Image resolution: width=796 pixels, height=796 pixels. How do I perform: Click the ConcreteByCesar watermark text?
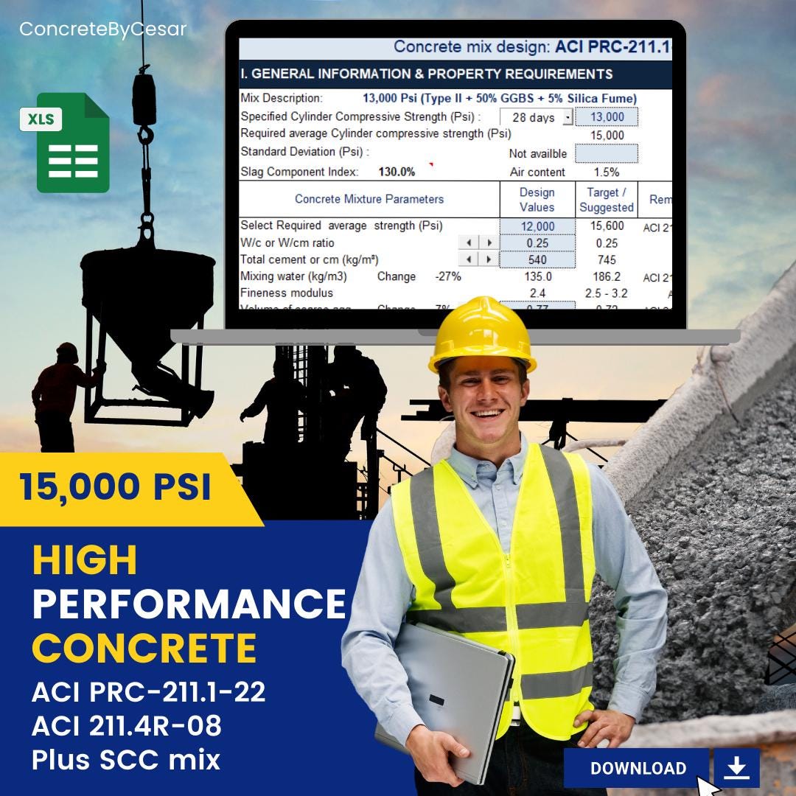coord(102,29)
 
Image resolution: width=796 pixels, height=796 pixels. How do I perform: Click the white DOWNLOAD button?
coord(638,768)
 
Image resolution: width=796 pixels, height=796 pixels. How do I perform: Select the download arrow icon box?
coord(736,768)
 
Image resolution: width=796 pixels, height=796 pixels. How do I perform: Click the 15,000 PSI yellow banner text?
coord(116,487)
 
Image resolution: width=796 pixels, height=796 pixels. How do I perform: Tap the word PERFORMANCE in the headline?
coord(189,604)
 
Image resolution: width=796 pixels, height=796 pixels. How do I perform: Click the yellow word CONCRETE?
coord(144,649)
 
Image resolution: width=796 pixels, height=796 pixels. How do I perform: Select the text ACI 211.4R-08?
coord(126,726)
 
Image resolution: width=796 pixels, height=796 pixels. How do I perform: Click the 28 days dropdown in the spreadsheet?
coord(536,117)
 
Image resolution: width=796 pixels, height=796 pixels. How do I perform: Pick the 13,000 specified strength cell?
coord(607,117)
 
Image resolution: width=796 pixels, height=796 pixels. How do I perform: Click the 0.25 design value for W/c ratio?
coord(537,242)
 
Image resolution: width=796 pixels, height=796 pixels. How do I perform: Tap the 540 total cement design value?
coord(537,259)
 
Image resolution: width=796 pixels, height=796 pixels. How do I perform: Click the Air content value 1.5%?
coord(606,172)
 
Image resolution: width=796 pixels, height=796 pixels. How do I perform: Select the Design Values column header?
coord(537,200)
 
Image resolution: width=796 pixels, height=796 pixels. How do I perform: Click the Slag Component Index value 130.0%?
coord(397,172)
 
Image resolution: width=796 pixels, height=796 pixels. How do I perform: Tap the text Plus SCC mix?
coord(126,759)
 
